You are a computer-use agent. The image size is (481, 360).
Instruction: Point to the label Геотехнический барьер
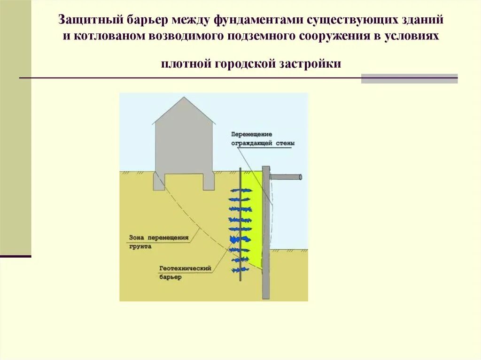(x=185, y=273)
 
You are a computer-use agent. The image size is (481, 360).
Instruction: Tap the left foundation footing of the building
(x=159, y=181)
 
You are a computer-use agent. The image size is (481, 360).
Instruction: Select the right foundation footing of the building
(x=209, y=181)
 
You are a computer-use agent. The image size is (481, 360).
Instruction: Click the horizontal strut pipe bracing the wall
(x=286, y=177)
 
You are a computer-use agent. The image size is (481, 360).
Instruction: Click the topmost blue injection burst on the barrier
(x=240, y=190)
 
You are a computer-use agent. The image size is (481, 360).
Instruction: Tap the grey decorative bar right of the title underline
(x=409, y=78)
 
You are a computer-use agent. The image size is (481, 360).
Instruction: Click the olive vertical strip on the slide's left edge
(x=16, y=127)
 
